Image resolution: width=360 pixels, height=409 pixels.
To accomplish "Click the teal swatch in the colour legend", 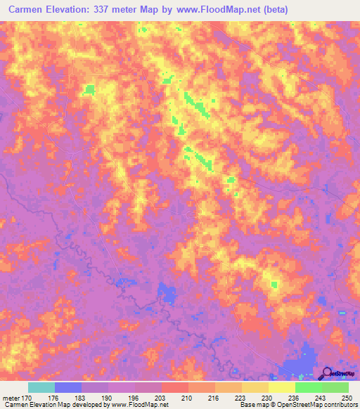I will pos(41,387).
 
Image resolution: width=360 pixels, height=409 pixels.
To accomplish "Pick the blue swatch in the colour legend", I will pos(68,387).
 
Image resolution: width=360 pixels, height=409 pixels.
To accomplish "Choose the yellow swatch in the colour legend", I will pos(282,387).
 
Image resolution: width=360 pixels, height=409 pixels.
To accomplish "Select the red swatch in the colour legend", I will pos(175,387).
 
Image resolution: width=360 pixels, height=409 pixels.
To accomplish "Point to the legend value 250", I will pos(344,398).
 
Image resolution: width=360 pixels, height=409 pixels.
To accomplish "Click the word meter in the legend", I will pos(11,398).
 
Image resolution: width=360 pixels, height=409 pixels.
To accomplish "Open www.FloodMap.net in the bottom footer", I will pos(134,405).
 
